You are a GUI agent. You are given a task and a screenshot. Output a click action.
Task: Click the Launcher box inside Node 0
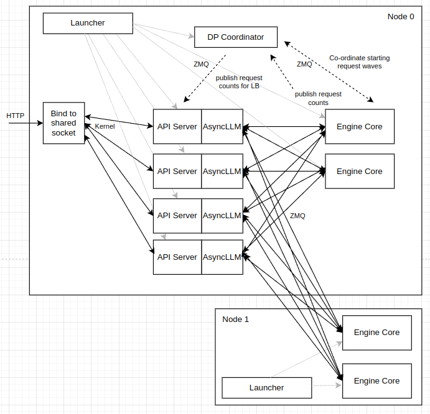point(87,24)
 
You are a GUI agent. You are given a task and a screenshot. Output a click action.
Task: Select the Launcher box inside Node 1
point(266,388)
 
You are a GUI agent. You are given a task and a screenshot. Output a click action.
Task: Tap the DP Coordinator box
point(235,37)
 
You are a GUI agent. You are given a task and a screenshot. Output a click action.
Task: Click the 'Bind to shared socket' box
point(63,123)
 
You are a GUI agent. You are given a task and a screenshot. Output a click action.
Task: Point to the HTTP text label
point(16,116)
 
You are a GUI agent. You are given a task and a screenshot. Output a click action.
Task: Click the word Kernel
point(105,127)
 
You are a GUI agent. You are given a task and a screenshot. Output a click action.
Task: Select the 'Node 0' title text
point(401,17)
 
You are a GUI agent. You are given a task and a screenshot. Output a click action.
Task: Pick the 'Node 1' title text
point(235,320)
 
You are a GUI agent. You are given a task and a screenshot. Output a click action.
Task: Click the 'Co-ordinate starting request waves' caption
point(359,62)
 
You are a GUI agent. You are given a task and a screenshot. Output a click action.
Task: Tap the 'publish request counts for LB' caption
point(239,82)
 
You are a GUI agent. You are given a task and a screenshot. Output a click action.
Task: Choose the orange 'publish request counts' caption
point(318,98)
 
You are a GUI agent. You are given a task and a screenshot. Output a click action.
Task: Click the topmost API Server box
point(177,127)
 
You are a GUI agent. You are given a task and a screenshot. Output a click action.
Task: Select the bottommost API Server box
point(177,257)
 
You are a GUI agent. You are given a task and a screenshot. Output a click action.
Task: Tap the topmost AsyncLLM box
point(222,127)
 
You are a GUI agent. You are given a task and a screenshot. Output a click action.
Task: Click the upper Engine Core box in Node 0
point(359,127)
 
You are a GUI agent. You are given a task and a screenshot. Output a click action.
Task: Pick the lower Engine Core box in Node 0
point(359,172)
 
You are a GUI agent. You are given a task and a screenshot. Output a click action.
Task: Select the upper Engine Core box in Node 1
point(376,333)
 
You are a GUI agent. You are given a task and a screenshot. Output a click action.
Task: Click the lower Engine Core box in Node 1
point(376,381)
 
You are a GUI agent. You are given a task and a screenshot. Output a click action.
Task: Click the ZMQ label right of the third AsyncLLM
point(297,216)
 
